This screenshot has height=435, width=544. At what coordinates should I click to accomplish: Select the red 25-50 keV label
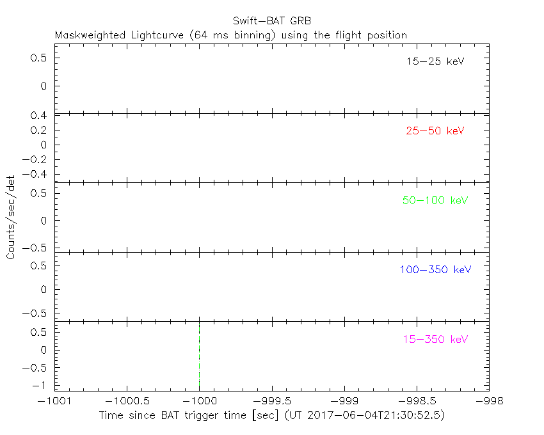tap(435, 131)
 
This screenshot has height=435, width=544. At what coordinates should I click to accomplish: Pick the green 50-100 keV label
tap(435, 200)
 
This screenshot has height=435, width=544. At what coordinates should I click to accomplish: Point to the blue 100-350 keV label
tap(435, 270)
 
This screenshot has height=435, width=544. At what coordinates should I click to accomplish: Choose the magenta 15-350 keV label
tap(435, 339)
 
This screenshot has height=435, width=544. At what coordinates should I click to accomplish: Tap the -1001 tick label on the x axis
tap(54, 401)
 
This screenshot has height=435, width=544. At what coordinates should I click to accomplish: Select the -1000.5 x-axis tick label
tap(127, 401)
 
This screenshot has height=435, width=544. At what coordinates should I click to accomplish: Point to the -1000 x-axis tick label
tap(199, 401)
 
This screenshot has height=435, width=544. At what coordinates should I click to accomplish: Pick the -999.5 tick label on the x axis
tap(272, 401)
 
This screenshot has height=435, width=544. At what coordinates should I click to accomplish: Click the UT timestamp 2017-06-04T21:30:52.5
tap(376, 415)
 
